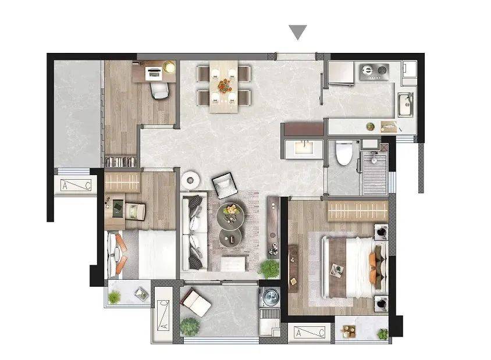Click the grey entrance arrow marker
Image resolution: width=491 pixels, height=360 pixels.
[297, 32]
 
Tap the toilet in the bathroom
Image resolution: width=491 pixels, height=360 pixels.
[344, 153]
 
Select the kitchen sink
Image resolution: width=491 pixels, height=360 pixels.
[406, 105]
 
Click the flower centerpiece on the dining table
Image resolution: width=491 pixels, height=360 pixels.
[224, 85]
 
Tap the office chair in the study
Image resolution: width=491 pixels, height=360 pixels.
[160, 89]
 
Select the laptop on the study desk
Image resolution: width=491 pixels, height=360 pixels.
[154, 72]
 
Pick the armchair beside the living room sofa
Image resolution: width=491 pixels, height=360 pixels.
[224, 186]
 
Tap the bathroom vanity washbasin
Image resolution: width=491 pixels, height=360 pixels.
[304, 149]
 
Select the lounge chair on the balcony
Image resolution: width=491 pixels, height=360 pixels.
[196, 302]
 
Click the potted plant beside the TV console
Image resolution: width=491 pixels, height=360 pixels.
[269, 269]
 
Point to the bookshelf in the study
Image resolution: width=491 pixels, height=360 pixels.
[120, 162]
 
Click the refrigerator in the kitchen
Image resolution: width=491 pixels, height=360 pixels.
[341, 73]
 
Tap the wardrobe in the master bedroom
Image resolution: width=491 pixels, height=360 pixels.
[358, 211]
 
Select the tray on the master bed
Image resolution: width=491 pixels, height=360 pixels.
[337, 269]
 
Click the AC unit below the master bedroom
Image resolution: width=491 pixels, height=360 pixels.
[309, 333]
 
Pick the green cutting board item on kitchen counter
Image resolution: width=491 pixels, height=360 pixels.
[371, 126]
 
